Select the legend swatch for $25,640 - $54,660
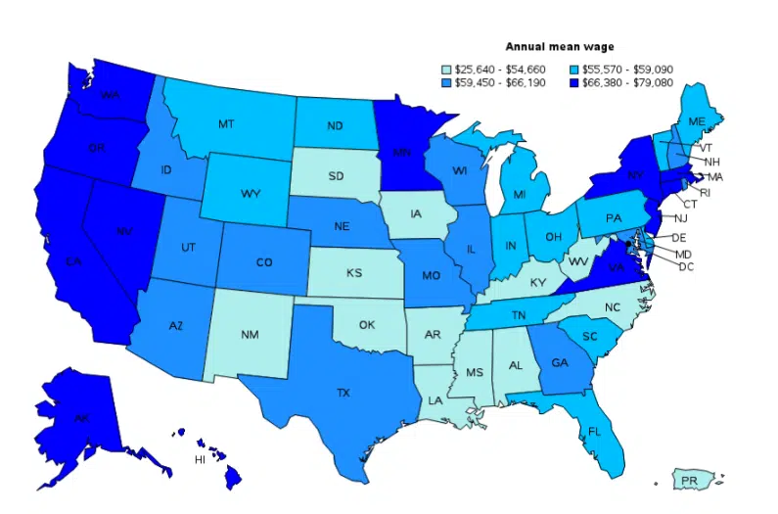coord(446,70)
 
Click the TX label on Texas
coord(343,393)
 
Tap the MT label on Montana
coord(226,124)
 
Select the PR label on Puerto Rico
coord(689,481)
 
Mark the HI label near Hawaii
coord(200,458)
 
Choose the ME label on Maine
coord(697,121)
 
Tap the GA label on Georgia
coord(559,361)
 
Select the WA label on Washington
coord(110,96)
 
